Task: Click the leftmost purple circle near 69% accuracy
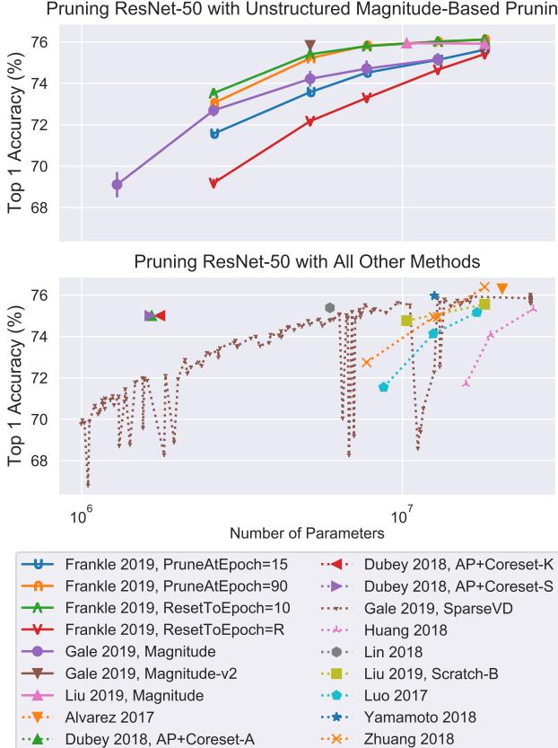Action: (x=117, y=184)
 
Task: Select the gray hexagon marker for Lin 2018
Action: (x=330, y=308)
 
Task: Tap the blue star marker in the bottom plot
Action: (x=435, y=295)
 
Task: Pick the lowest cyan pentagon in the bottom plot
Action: (x=384, y=387)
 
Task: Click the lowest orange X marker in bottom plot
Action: (x=366, y=362)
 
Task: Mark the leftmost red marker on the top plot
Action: (x=214, y=183)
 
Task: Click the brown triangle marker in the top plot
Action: (x=310, y=46)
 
